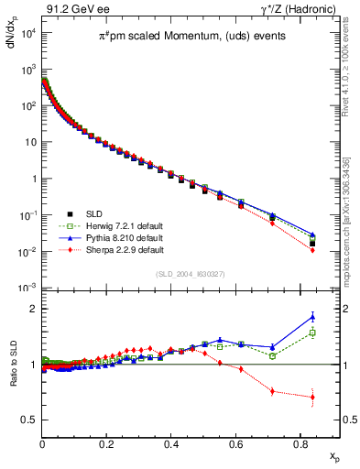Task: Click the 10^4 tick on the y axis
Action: [x=27, y=33]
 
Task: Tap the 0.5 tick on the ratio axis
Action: [x=28, y=420]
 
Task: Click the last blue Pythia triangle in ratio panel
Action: [x=312, y=317]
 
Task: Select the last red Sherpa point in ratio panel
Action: [x=312, y=398]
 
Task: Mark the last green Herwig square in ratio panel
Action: [x=312, y=333]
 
